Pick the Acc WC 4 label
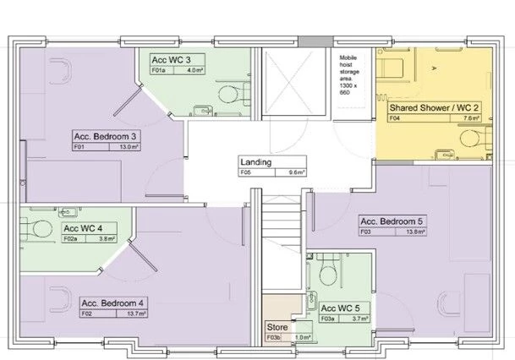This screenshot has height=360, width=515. [83, 228]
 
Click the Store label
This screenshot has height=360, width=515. [277, 327]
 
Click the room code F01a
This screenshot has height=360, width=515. [158, 72]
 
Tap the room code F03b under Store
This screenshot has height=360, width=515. [272, 337]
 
